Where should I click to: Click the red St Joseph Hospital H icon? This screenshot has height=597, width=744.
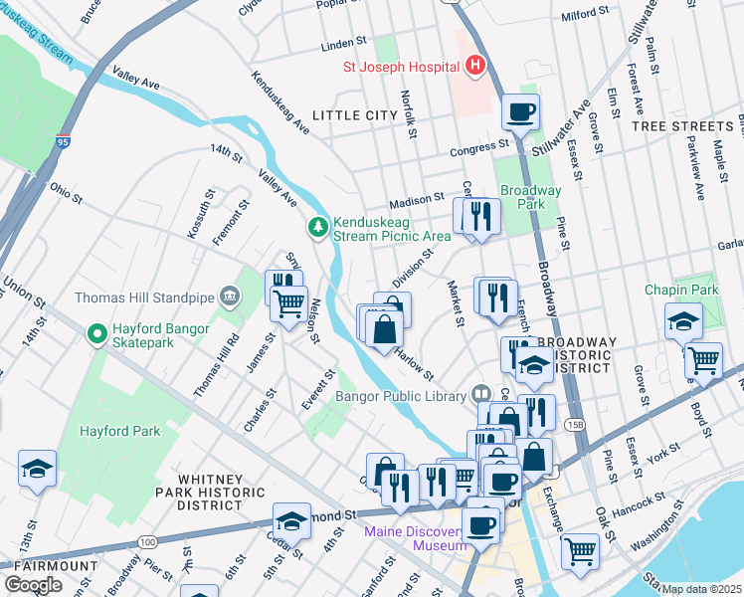click(x=475, y=67)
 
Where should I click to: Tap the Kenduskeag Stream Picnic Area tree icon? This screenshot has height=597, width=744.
click(x=318, y=228)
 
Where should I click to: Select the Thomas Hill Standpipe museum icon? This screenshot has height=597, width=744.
click(x=230, y=296)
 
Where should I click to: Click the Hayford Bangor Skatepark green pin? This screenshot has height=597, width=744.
click(x=97, y=334)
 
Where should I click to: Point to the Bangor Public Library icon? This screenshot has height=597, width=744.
click(x=481, y=395)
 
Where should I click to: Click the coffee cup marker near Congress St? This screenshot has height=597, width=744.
click(x=521, y=112)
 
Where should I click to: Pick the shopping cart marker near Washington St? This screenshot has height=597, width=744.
click(x=580, y=550)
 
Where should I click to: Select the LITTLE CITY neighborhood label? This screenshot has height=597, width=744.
click(x=355, y=115)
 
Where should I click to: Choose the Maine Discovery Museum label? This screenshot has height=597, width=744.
click(x=415, y=537)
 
